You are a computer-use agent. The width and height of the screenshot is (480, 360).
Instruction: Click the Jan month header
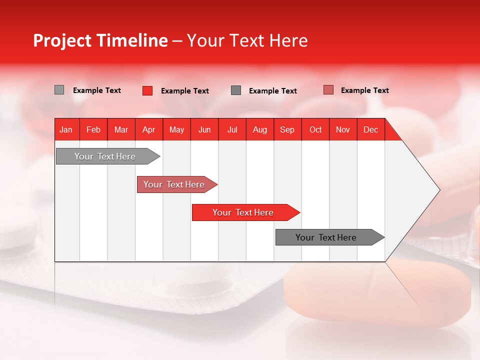pyautogui.click(x=66, y=129)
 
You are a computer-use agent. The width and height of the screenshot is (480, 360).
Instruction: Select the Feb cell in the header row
pyautogui.click(x=93, y=129)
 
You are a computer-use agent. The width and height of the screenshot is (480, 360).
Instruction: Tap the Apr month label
pyautogui.click(x=148, y=129)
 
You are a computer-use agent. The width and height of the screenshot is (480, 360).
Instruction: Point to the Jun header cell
pyautogui.click(x=204, y=129)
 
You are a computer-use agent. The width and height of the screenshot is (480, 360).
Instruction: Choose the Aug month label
pyautogui.click(x=259, y=129)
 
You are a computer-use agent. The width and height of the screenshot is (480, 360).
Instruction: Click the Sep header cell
pyautogui.click(x=287, y=129)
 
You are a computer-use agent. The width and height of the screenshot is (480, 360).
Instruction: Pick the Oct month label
pyautogui.click(x=315, y=129)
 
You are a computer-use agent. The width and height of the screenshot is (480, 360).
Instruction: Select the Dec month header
pyautogui.click(x=370, y=129)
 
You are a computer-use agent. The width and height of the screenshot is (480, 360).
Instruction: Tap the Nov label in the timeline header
pyautogui.click(x=343, y=129)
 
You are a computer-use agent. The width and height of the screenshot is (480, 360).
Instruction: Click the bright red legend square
pyautogui.click(x=147, y=90)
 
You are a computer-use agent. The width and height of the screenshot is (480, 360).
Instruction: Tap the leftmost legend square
pyautogui.click(x=59, y=90)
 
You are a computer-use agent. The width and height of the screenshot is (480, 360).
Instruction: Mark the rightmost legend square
pyautogui.click(x=328, y=90)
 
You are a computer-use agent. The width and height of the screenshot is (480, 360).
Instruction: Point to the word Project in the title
pyautogui.click(x=62, y=40)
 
